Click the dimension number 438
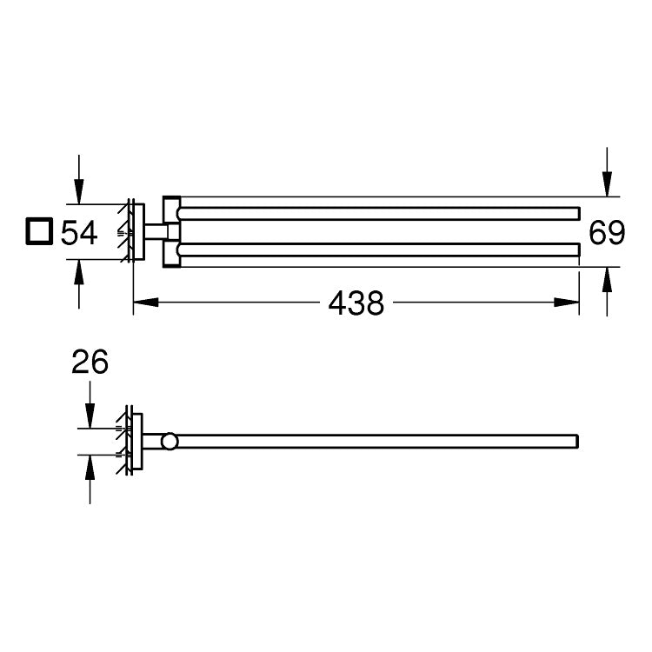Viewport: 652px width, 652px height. pyautogui.click(x=356, y=303)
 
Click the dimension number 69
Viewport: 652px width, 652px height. pyautogui.click(x=606, y=232)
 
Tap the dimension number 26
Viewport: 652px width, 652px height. pyautogui.click(x=90, y=363)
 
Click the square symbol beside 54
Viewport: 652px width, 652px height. pyautogui.click(x=37, y=233)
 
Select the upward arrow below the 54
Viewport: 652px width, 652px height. pyautogui.click(x=79, y=271)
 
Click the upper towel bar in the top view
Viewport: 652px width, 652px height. pyautogui.click(x=383, y=212)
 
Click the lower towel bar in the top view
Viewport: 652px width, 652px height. pyautogui.click(x=383, y=251)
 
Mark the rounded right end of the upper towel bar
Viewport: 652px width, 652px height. pyautogui.click(x=576, y=212)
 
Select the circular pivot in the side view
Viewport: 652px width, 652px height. pyautogui.click(x=170, y=442)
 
